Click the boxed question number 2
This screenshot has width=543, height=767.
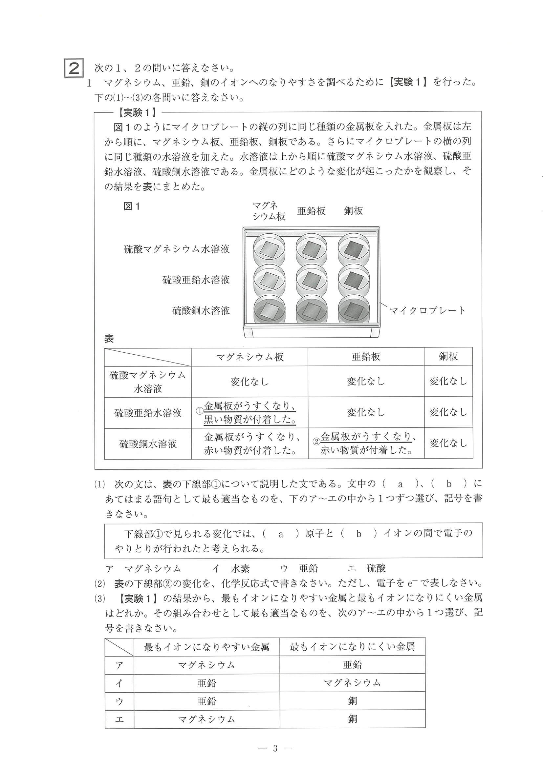(x=74, y=69)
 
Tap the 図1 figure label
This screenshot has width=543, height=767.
(x=132, y=206)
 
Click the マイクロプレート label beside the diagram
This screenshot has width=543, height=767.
(x=427, y=311)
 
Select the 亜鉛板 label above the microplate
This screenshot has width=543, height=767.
(x=311, y=211)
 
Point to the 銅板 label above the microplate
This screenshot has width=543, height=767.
(x=353, y=211)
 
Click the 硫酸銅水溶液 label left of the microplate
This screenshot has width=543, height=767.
(x=201, y=311)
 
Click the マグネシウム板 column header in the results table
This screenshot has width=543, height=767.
(x=250, y=357)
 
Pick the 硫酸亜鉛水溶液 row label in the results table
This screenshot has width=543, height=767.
(x=148, y=413)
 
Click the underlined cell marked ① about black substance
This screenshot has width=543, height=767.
(x=250, y=413)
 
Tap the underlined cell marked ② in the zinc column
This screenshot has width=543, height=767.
(x=366, y=443)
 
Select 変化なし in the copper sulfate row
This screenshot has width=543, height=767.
(x=448, y=443)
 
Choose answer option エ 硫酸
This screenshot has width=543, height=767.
(x=367, y=568)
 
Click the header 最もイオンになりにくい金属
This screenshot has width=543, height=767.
(x=352, y=647)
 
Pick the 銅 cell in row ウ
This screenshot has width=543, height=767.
(x=352, y=701)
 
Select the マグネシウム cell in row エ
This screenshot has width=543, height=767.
(x=206, y=719)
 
